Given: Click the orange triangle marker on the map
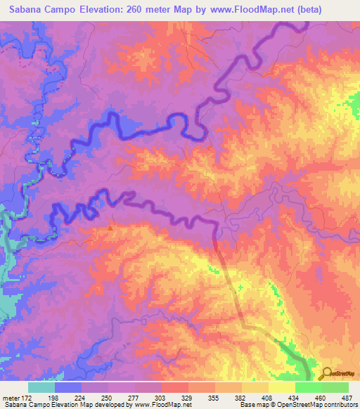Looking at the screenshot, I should point(111,227).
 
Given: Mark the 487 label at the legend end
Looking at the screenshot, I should point(344,397).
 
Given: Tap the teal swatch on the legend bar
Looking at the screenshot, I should point(41,387).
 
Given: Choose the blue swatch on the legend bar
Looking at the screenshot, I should point(67,387).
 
